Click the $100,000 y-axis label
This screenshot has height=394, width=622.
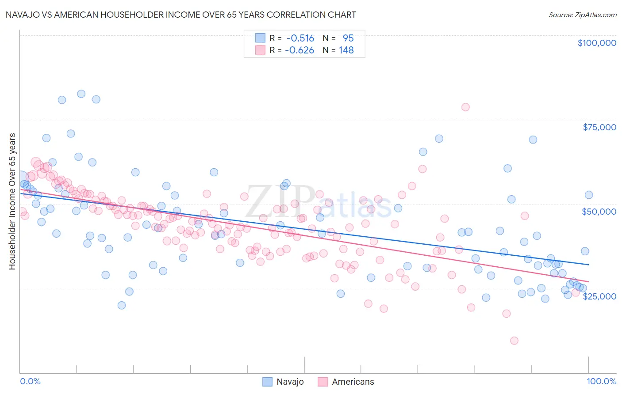(597, 43)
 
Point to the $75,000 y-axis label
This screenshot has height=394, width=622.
(599, 127)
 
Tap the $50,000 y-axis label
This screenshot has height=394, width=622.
(599, 212)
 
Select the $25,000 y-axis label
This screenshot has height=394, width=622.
(599, 296)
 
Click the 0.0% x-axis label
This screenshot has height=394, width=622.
(30, 381)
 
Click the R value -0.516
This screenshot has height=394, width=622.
(300, 38)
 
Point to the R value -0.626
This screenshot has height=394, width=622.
(299, 50)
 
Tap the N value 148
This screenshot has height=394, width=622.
(346, 50)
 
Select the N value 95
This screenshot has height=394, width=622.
(348, 38)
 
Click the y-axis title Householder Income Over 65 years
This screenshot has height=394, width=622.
(12, 201)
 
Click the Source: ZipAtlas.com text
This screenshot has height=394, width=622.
(582, 15)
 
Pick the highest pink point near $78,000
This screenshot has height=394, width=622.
(465, 107)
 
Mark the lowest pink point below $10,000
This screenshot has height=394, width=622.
(514, 341)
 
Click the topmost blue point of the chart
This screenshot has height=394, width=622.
(81, 94)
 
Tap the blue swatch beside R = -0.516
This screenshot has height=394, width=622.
(260, 38)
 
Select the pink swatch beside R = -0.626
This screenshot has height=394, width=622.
(260, 50)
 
